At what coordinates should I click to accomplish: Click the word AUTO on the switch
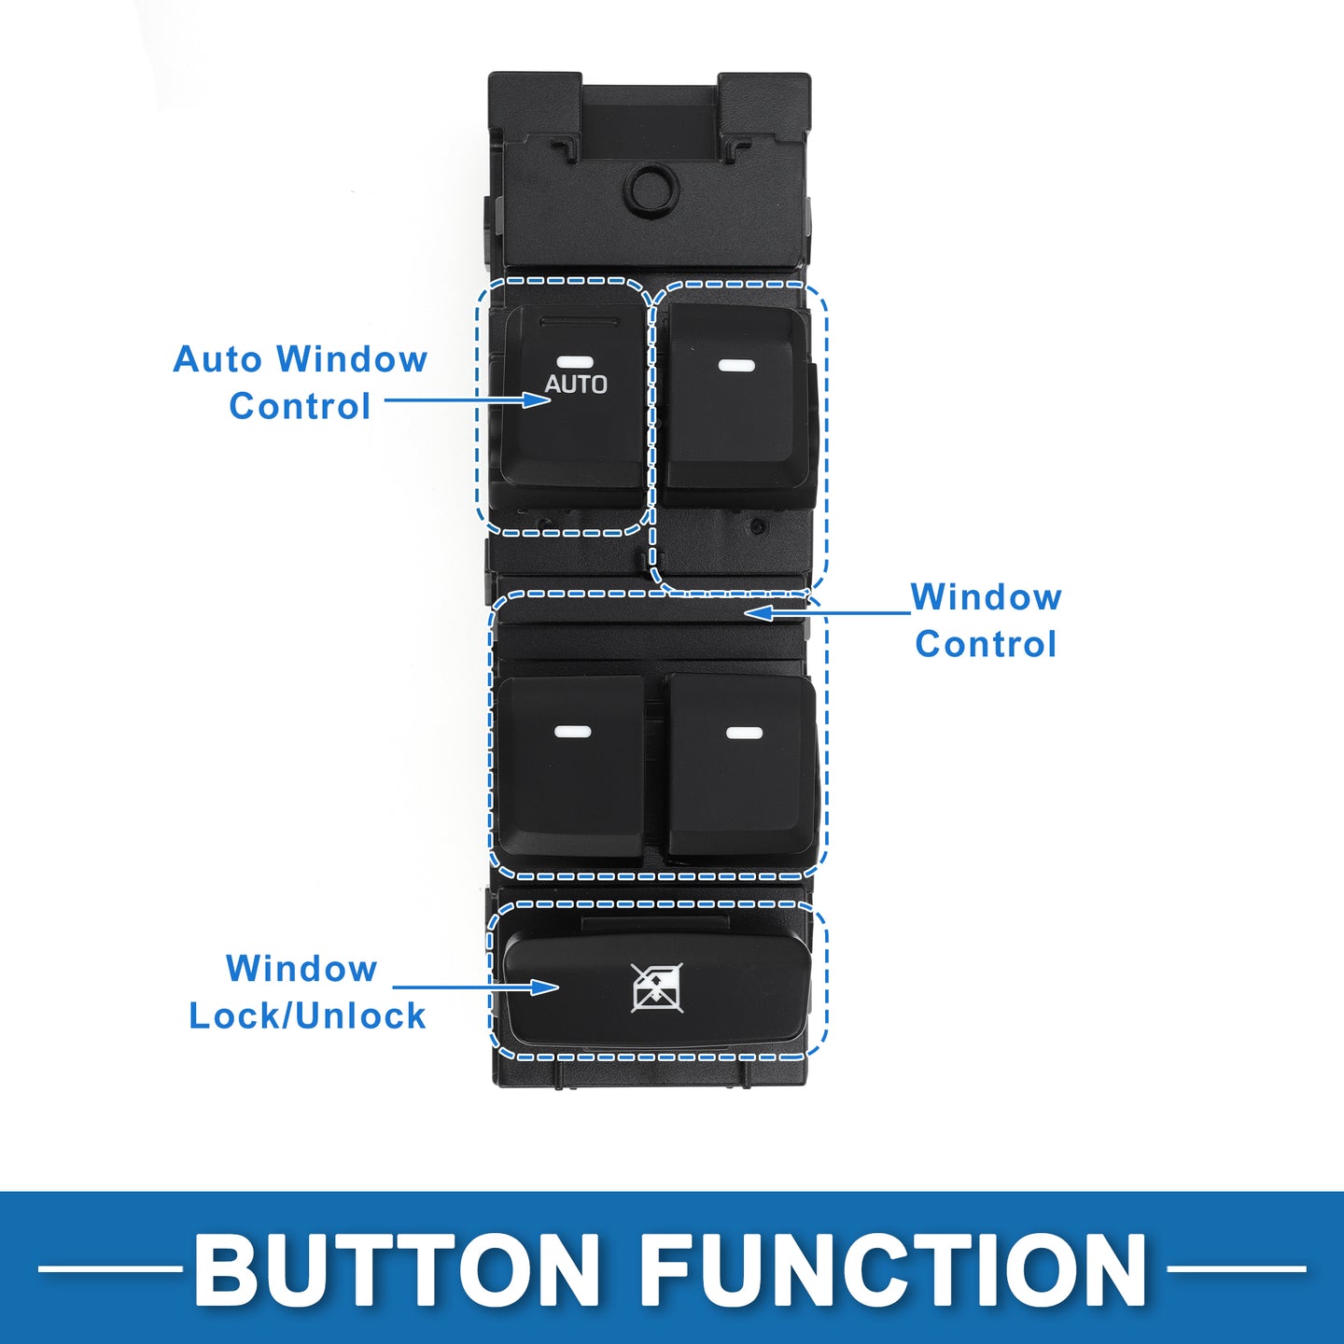576,385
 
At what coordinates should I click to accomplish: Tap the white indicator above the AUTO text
575,362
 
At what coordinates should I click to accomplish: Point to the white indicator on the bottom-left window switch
573,732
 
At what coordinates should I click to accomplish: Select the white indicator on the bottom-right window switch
744,733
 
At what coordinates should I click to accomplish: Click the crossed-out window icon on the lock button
657,987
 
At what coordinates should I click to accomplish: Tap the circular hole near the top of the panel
652,187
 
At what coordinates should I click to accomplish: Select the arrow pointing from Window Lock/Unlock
476,987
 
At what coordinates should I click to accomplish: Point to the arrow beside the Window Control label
828,612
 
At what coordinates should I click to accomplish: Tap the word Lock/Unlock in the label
308,1015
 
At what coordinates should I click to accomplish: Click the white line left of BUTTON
110,1268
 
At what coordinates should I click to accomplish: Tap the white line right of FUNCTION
1236,1268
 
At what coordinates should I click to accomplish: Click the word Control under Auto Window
300,406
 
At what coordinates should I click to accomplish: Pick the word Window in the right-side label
987,597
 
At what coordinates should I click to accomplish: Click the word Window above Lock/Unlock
301,969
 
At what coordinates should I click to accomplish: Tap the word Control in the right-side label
987,644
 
